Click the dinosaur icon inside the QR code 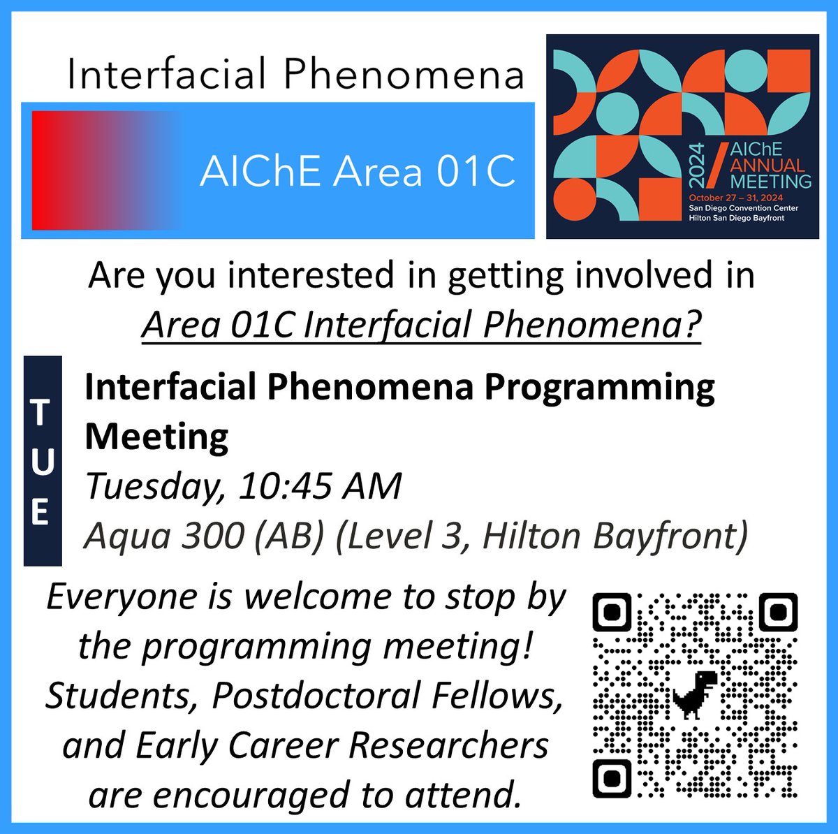click(x=695, y=694)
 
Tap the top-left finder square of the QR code click(x=612, y=612)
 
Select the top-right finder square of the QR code click(x=777, y=612)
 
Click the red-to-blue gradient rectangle click(x=105, y=170)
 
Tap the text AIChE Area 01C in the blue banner click(x=358, y=171)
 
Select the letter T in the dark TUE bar click(x=42, y=412)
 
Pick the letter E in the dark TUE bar click(x=42, y=512)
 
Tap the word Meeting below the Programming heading click(x=156, y=437)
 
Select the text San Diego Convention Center click(x=743, y=208)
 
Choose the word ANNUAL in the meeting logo click(x=767, y=166)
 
